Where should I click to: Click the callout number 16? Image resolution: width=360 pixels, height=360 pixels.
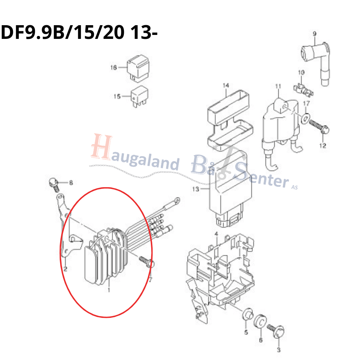(x=114, y=68)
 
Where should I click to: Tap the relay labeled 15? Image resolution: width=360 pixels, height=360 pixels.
(x=140, y=96)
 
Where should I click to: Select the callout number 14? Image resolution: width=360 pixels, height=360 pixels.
(x=226, y=85)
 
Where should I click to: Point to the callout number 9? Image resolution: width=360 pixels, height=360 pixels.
(x=315, y=34)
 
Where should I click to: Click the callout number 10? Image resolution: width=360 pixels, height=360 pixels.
(x=301, y=73)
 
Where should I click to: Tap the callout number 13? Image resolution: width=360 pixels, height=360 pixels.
(x=195, y=189)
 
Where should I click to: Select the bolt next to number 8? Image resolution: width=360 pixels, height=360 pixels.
(x=54, y=185)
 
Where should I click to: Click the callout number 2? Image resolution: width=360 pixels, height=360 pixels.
(x=66, y=269)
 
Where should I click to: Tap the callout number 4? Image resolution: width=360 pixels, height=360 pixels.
(x=216, y=234)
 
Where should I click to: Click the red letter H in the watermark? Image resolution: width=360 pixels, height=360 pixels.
(x=101, y=147)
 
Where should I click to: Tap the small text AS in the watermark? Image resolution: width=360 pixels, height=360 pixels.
(x=294, y=187)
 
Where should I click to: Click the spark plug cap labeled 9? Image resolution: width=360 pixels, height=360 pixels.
(x=316, y=62)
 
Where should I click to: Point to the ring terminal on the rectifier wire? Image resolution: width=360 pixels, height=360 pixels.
(x=176, y=201)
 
